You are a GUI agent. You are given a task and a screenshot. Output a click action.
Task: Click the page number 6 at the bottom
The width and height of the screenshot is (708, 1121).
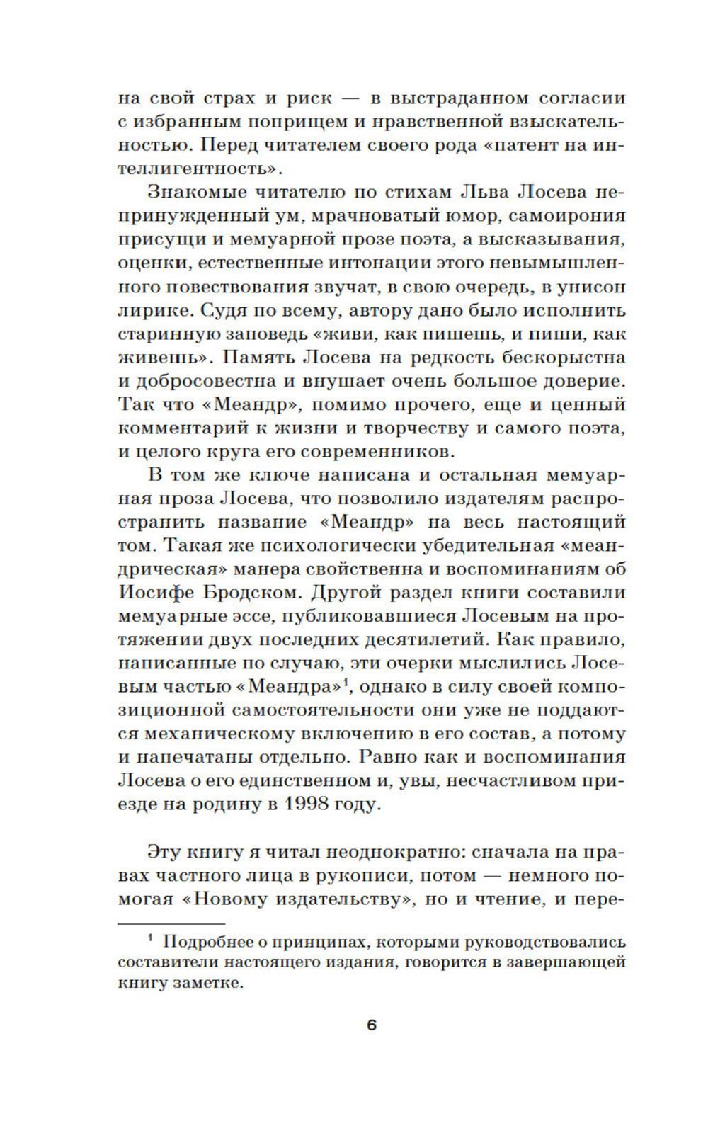(372, 1025)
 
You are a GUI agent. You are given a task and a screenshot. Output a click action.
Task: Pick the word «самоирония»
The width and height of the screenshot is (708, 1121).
(559, 216)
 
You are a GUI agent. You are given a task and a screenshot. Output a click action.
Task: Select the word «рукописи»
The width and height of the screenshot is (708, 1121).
(360, 875)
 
